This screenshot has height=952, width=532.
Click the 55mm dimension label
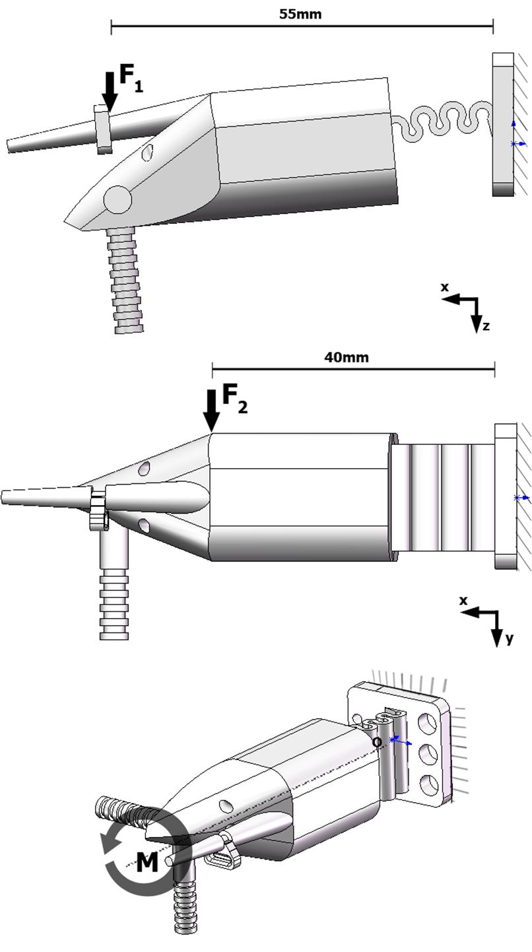300,14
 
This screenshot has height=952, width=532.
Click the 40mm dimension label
347,357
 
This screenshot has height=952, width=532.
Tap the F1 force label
130,78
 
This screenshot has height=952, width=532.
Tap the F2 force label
234,397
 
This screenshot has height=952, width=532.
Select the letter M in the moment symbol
147,862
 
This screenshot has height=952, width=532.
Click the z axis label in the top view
486,325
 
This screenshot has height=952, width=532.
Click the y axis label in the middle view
509,638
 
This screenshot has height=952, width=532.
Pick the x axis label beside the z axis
445,287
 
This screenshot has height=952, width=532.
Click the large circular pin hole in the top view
118,199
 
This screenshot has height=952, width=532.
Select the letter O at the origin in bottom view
377,742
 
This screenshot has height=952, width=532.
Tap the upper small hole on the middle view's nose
143,469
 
